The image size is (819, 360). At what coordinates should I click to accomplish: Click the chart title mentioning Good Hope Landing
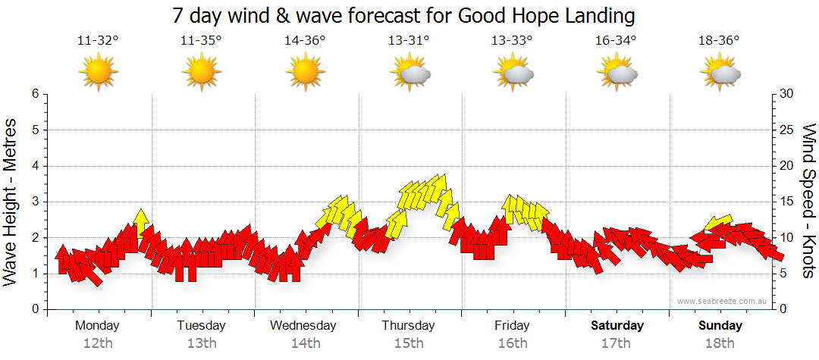[x=403, y=15]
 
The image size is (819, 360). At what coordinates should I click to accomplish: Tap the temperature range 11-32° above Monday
[x=98, y=41]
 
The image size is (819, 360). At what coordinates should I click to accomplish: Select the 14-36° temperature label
[x=305, y=41]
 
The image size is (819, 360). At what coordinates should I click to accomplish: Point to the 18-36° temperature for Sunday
[x=719, y=41]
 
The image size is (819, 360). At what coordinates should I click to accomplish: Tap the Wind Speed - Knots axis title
[x=808, y=201]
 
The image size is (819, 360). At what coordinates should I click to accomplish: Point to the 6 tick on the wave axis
[x=34, y=94]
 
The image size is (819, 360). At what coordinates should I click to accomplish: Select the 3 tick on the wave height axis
[x=34, y=202]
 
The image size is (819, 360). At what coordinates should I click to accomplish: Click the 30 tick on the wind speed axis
[x=787, y=94]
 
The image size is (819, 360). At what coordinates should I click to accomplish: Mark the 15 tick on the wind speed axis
[x=787, y=202]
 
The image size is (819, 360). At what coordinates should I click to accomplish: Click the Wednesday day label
[x=303, y=326]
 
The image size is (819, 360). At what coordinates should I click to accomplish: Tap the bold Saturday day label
[x=617, y=326]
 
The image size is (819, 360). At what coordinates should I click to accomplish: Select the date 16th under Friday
[x=513, y=343]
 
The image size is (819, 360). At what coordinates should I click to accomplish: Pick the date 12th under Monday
[x=98, y=343]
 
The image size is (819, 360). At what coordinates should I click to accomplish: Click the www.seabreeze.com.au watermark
[x=723, y=302]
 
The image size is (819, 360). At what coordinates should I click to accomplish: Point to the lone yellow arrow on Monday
[x=140, y=221]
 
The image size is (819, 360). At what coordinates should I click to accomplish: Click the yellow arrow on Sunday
[x=717, y=222]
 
